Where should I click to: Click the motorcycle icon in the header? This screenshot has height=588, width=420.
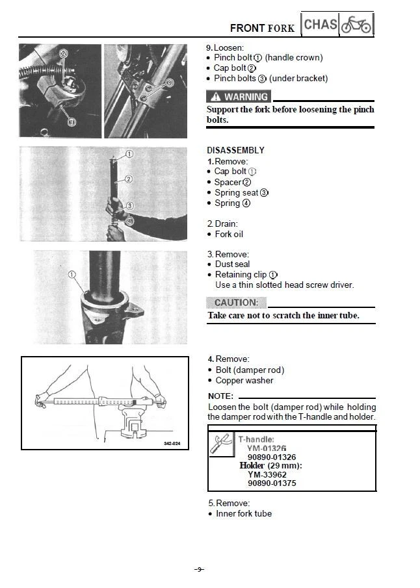click(x=356, y=25)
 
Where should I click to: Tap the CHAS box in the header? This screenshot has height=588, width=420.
click(x=320, y=25)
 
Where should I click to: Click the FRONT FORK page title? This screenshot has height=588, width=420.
click(x=262, y=28)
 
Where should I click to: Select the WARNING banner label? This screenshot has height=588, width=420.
click(x=238, y=97)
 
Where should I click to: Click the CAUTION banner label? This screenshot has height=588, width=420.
click(x=236, y=303)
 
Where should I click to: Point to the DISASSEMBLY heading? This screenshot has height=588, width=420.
click(x=235, y=150)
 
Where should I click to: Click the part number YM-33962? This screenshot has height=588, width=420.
click(x=267, y=474)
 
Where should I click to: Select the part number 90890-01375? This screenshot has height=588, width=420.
click(x=272, y=483)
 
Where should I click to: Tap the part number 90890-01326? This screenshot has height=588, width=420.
click(x=272, y=457)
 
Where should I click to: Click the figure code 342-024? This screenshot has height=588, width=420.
click(x=172, y=444)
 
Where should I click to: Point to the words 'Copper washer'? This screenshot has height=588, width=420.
click(x=244, y=381)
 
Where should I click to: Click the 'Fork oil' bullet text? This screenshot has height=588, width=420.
click(x=229, y=234)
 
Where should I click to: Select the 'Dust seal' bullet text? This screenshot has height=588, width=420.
click(x=233, y=264)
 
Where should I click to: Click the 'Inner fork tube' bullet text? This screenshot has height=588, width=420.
click(x=244, y=514)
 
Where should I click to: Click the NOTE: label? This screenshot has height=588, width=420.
click(x=220, y=396)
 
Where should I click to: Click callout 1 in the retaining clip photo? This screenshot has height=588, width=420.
click(x=72, y=275)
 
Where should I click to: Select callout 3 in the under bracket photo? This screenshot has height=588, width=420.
click(x=170, y=83)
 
